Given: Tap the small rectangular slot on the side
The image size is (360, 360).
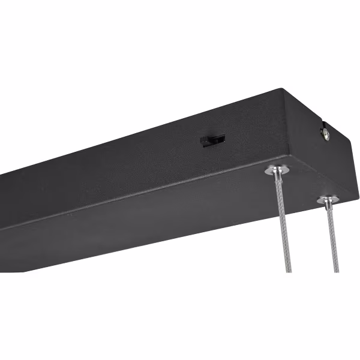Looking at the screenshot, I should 213,140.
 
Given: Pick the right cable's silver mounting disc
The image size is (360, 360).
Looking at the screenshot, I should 328,200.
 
